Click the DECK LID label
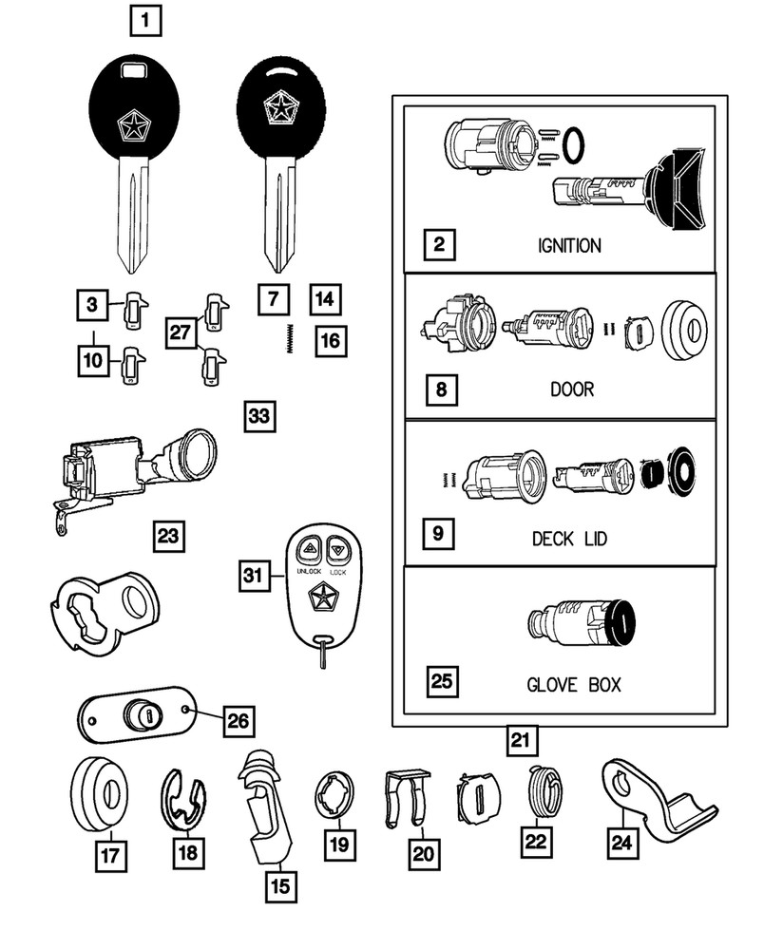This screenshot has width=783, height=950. coord(569,538)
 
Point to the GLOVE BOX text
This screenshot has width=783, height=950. coord(573,684)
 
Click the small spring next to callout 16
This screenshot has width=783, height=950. coord(287,337)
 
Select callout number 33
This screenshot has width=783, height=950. coord(258,416)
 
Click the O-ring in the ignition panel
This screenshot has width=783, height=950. coord(573,143)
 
